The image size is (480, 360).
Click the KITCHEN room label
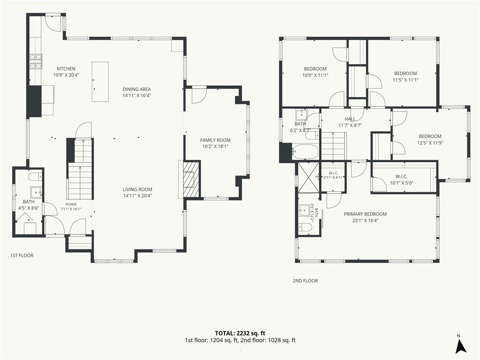point(66,69)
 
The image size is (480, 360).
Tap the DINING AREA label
point(137,90)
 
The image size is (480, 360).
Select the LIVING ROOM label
point(137,189)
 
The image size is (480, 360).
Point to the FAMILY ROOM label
point(215,140)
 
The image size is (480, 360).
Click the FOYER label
point(71,204)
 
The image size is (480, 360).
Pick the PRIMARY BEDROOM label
point(365,214)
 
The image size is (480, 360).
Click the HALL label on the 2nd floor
point(350,119)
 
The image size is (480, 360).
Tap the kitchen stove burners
point(36,61)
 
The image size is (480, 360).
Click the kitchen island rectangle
point(100,82)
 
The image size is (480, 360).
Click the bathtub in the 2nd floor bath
point(305,151)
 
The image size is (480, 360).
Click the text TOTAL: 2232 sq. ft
point(240,333)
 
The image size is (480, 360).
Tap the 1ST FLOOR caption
point(22,255)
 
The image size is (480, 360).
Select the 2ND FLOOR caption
point(305,281)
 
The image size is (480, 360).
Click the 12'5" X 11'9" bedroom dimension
point(430,142)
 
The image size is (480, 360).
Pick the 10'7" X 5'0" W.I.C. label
point(401,183)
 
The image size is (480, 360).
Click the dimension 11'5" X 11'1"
point(405,80)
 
